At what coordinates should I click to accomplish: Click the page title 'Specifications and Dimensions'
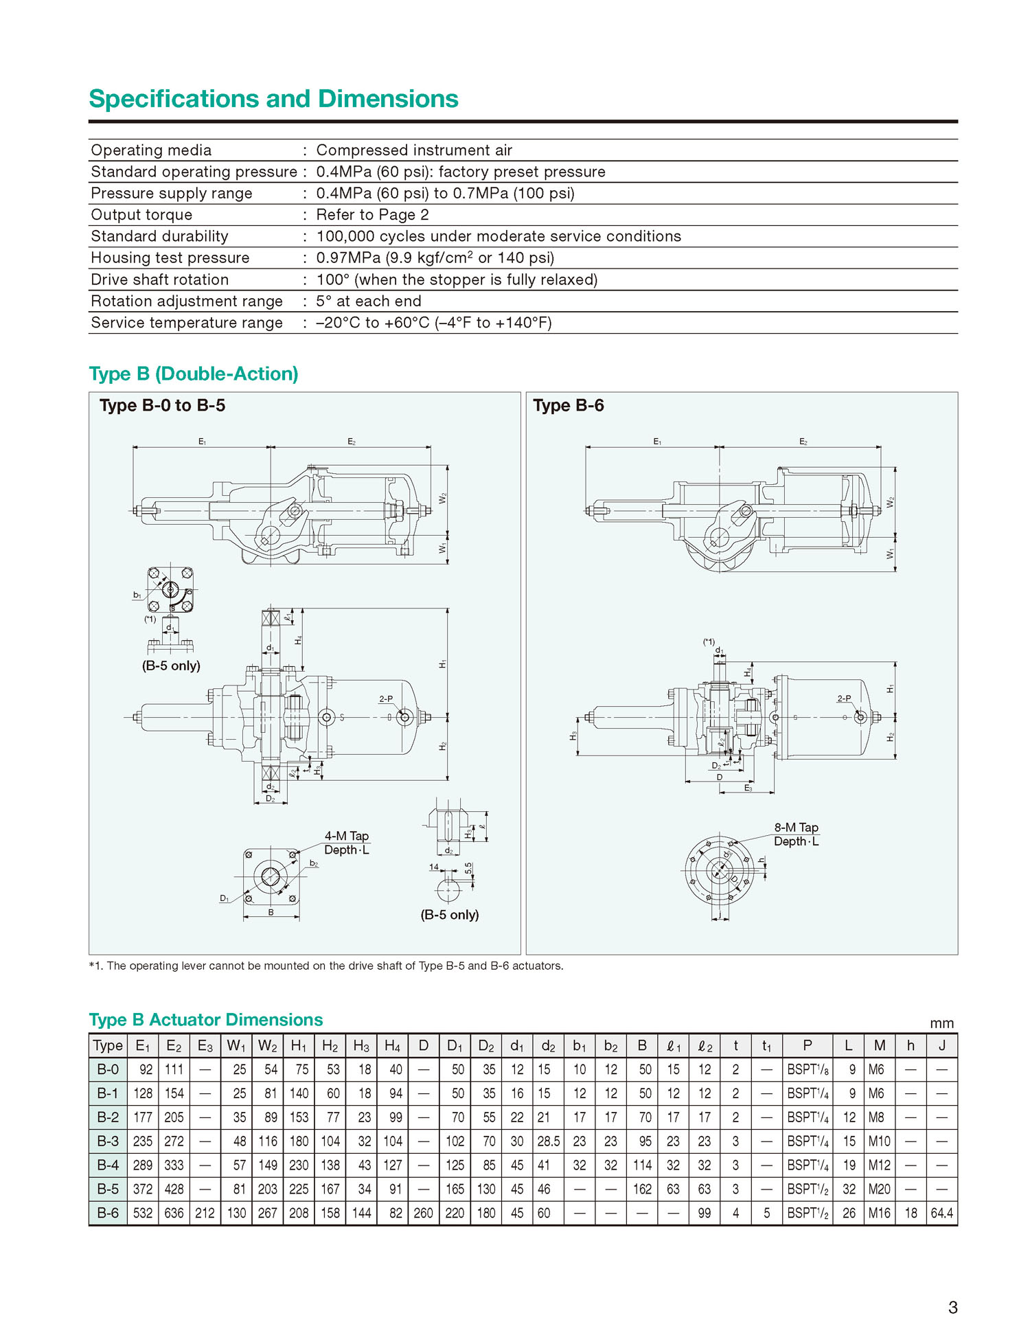273,99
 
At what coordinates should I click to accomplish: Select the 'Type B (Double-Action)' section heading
194,374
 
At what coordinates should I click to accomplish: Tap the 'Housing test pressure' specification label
170,258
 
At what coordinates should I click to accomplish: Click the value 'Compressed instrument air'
414,150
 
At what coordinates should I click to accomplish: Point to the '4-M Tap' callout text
347,836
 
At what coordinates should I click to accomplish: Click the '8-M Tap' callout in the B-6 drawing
797,828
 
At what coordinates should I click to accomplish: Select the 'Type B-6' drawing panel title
569,405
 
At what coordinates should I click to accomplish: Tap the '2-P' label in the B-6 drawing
844,698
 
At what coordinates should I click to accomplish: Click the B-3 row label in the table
108,1141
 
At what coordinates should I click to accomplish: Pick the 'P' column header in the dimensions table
808,1045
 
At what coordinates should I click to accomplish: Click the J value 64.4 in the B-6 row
941,1213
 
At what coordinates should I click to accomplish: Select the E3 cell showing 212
205,1213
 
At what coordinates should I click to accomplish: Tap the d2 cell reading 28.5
548,1141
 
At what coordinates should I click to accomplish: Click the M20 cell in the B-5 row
879,1189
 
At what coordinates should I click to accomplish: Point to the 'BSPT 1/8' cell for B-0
808,1069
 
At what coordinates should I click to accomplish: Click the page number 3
952,1307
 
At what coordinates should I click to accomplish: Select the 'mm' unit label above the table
941,1023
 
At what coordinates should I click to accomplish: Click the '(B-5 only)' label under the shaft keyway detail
450,915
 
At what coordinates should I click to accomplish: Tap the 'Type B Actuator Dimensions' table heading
206,1020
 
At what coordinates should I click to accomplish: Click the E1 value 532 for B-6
143,1213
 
